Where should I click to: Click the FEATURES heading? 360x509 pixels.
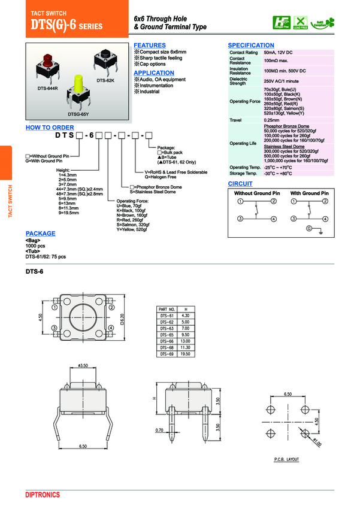[x=150, y=46]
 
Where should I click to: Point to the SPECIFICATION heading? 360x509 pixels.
[x=251, y=46]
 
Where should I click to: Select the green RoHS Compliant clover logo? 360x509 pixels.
[x=326, y=23]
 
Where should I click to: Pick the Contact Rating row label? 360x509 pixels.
[x=243, y=53]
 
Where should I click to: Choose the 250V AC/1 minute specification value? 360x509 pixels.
[x=281, y=81]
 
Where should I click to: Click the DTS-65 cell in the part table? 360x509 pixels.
[x=167, y=335]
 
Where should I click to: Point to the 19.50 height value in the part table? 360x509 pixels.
[x=185, y=354]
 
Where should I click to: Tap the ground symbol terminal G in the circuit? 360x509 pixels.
[x=309, y=229]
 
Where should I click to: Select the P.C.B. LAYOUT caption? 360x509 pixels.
[x=286, y=459]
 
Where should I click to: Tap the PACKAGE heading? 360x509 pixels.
[x=41, y=234]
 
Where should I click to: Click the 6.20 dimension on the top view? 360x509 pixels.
[x=122, y=319]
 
